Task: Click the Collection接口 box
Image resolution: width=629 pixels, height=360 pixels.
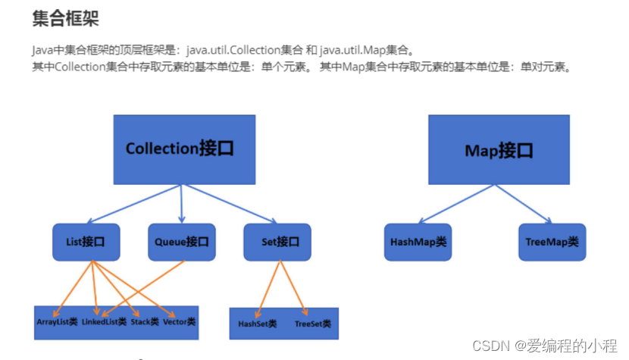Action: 180,149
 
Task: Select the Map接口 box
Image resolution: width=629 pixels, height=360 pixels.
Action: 498,150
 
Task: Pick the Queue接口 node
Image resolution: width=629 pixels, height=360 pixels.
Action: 180,243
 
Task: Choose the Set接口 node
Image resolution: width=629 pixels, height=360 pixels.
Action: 277,243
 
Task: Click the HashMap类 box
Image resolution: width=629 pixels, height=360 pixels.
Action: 418,243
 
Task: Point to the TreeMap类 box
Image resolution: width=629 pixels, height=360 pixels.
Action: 552,243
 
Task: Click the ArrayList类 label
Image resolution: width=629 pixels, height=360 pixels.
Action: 58,322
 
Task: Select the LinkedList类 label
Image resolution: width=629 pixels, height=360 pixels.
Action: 104,322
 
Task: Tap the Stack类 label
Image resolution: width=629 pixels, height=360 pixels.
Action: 144,322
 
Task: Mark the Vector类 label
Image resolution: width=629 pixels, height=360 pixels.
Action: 179,322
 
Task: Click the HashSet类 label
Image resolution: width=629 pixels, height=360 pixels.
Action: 258,324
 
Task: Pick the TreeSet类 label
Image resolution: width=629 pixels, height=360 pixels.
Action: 312,324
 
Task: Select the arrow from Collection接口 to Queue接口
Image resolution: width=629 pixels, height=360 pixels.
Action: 182,203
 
